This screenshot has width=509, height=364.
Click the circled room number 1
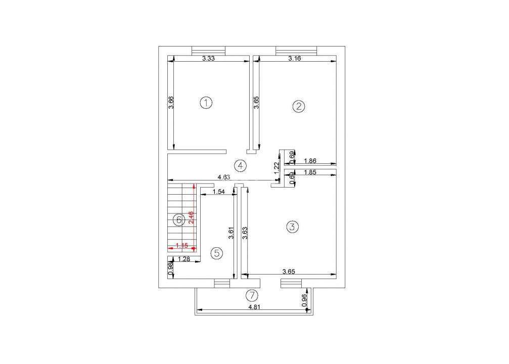pos(206,103)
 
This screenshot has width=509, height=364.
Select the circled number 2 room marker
pos(299,106)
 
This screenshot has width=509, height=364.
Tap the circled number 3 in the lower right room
pos(291,227)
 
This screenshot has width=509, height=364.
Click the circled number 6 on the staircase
pos(178,220)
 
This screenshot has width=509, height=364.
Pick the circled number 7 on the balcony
pos(252,295)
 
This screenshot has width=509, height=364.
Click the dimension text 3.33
pos(209,59)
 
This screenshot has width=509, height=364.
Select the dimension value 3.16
pos(295,59)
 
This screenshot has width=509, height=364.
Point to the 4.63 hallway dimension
pos(224,177)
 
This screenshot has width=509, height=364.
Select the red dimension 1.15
pos(181,246)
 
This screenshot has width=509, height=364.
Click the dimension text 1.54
pos(218,192)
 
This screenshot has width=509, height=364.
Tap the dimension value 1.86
pos(310,161)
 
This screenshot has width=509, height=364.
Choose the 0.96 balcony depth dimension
pos(304,300)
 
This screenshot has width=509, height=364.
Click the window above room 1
pos(208,50)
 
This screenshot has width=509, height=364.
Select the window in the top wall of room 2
pos(296,50)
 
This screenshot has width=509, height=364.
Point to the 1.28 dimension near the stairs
pos(184,259)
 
